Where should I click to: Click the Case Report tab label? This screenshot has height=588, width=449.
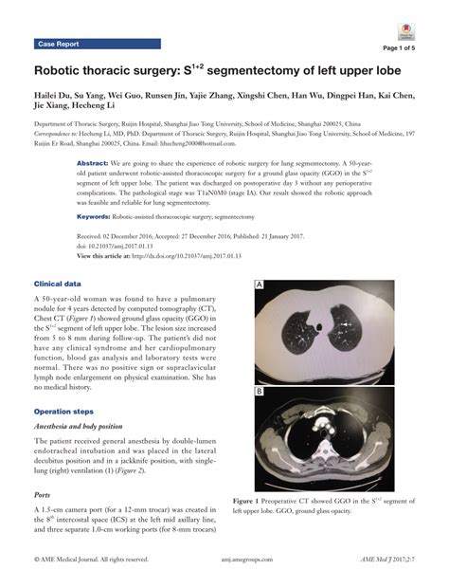[x=59, y=45]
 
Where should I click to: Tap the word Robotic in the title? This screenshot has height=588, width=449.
[x=64, y=72]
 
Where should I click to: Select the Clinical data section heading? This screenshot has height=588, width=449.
[x=57, y=284]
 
